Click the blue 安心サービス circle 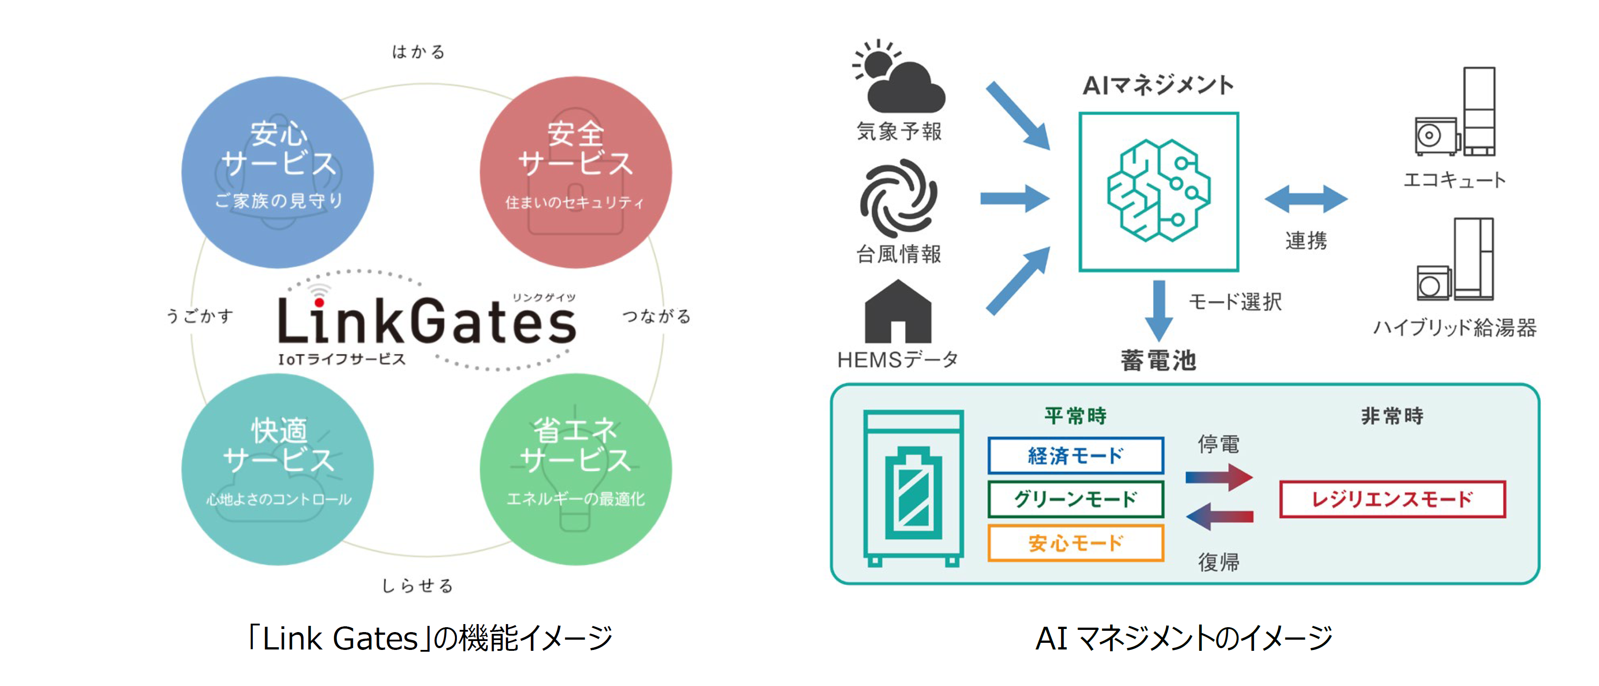pos(278,172)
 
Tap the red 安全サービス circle pos(575,172)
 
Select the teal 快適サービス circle pos(278,469)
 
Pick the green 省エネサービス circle pos(575,469)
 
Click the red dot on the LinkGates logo pos(319,302)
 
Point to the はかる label pos(418,52)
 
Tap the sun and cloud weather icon pos(898,77)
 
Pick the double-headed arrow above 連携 pos(1306,199)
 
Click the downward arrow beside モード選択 pos(1158,310)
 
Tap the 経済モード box pos(1075,456)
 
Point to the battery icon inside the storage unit pos(913,493)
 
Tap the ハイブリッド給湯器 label pos(1454,327)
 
